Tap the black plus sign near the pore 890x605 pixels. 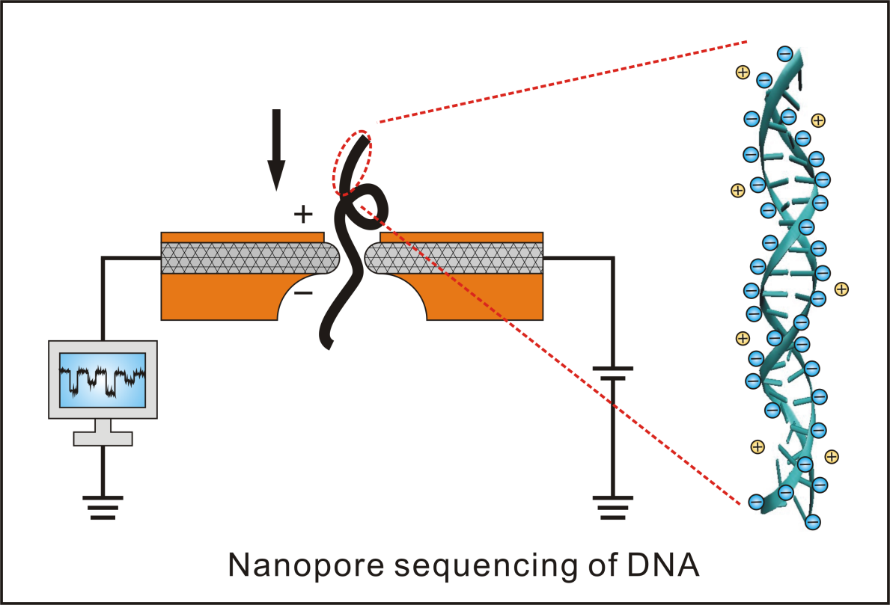click(302, 215)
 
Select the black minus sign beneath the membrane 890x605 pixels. click(303, 293)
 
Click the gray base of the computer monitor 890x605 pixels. click(103, 437)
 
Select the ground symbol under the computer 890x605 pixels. click(103, 506)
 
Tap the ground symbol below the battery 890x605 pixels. click(612, 506)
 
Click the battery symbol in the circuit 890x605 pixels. click(612, 373)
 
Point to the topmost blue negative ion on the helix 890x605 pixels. click(784, 53)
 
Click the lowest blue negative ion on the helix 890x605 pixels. click(813, 522)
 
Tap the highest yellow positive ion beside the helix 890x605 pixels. click(743, 72)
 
